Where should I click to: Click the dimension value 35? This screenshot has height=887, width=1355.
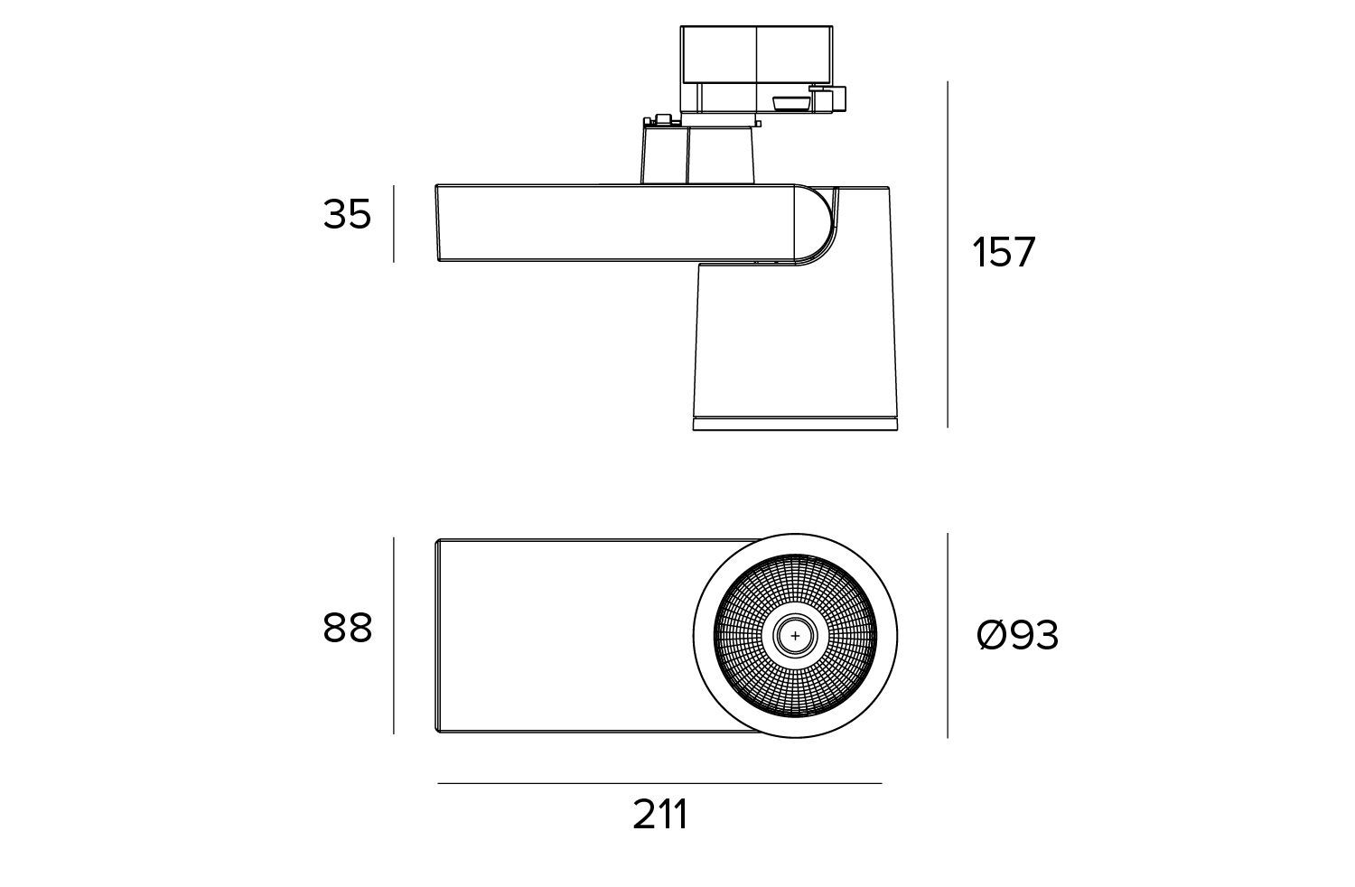click(x=347, y=214)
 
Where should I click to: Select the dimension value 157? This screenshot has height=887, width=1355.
click(x=1004, y=252)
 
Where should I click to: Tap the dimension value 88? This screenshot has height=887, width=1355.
click(x=347, y=628)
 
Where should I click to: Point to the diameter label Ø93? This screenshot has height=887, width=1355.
click(x=1017, y=635)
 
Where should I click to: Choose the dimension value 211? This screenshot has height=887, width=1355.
click(x=660, y=815)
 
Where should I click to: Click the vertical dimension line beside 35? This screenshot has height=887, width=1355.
click(x=394, y=224)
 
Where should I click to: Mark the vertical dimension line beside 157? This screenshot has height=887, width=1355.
click(x=948, y=255)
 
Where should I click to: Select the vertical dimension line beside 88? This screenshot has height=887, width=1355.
click(x=394, y=635)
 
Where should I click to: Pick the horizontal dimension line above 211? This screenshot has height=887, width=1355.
click(x=659, y=783)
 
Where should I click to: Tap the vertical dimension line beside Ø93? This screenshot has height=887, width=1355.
click(x=948, y=635)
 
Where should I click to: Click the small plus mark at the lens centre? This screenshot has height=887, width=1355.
click(x=795, y=636)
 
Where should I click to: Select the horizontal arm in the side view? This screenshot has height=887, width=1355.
click(x=615, y=224)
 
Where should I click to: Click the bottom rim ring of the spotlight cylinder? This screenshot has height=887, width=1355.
click(x=795, y=424)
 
